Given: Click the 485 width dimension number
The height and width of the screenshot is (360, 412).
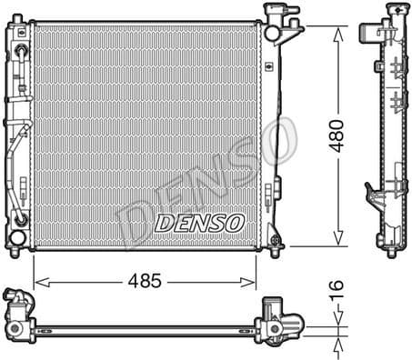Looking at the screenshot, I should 144,281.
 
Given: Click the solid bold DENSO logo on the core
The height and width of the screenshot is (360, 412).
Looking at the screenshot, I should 199,221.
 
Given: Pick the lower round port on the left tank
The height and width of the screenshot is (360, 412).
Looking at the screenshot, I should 19,238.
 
